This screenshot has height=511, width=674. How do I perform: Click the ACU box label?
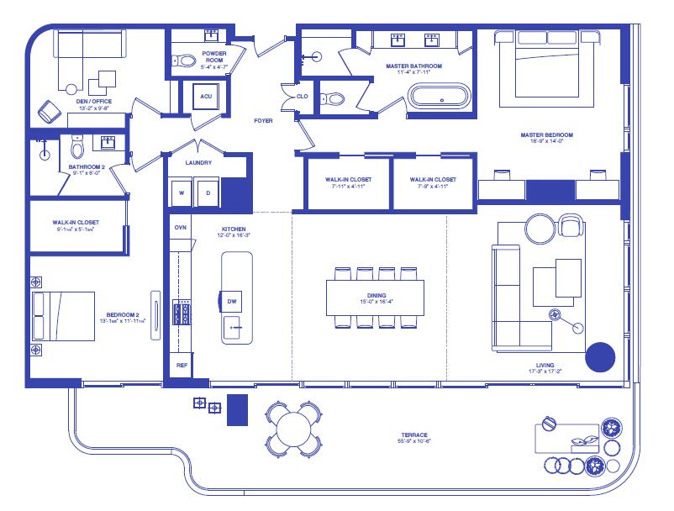click(206, 97)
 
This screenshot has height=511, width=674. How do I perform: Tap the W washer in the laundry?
click(181, 192)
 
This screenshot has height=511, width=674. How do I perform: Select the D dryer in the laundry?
click(208, 192)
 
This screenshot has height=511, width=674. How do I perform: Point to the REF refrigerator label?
click(181, 366)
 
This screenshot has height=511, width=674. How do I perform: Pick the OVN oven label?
click(180, 228)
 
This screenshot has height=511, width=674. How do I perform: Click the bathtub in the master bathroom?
click(441, 95)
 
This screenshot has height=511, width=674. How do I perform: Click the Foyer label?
click(263, 121)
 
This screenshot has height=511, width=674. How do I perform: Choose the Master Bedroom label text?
click(545, 134)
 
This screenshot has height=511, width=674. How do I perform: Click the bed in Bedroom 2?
click(64, 315)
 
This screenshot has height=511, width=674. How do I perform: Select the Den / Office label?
click(94, 102)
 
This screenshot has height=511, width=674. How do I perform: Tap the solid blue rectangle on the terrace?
click(239, 409)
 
